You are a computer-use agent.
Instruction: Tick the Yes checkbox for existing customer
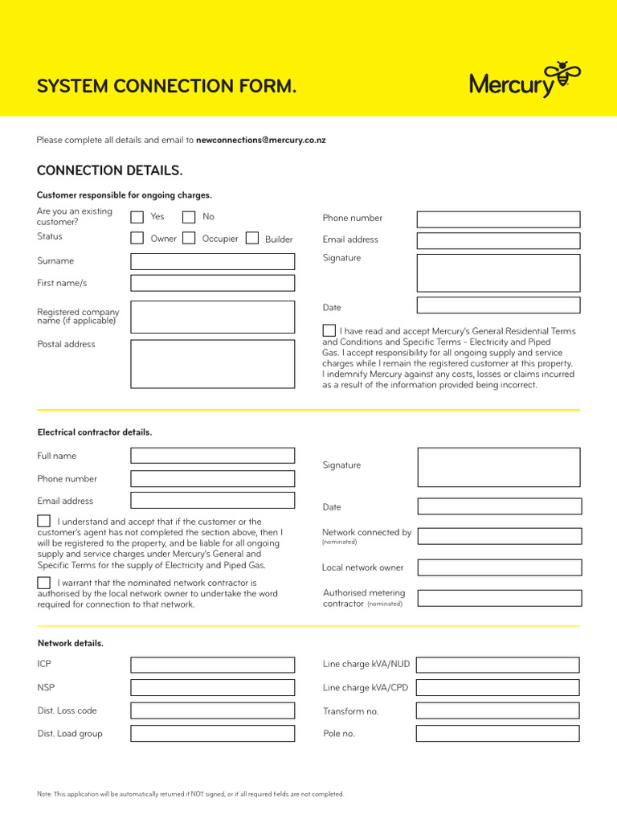click(x=137, y=216)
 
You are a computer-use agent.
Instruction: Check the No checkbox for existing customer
click(x=189, y=216)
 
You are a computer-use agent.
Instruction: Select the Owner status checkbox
click(x=137, y=238)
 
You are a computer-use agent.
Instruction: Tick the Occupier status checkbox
click(x=189, y=238)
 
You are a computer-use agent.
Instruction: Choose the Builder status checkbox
click(x=252, y=238)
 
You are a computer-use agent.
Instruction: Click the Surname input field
click(x=212, y=261)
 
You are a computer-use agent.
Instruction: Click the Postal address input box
click(x=212, y=364)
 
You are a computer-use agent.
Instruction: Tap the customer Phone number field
click(x=497, y=219)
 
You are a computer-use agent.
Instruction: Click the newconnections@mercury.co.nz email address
click(x=260, y=140)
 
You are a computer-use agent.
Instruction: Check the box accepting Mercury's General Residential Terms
click(x=329, y=330)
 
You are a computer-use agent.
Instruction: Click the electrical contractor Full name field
click(x=212, y=456)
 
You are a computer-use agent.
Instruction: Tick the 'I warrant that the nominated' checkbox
click(x=43, y=582)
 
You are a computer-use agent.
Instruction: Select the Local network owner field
click(x=499, y=567)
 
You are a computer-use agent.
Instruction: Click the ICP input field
click(x=212, y=665)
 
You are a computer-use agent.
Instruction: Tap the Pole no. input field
click(x=497, y=733)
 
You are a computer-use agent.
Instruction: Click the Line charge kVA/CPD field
click(x=497, y=688)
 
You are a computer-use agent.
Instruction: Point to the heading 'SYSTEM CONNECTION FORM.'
click(x=166, y=86)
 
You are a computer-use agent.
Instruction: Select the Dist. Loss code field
click(x=212, y=710)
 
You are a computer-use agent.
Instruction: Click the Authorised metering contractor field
click(x=499, y=598)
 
